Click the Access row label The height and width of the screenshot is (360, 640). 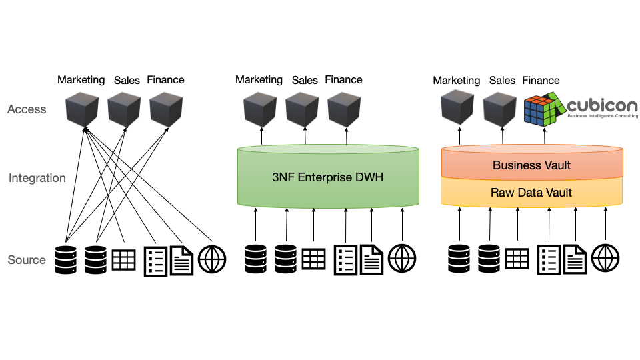[27, 109]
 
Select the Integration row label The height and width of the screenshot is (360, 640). [37, 178]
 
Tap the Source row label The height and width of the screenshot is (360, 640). [27, 260]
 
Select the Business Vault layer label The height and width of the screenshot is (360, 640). [531, 165]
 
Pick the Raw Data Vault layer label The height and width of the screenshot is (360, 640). [531, 193]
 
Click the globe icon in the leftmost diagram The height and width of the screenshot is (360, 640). [212, 259]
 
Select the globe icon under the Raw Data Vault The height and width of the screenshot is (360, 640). [605, 259]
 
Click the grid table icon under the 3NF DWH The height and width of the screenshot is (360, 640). [314, 259]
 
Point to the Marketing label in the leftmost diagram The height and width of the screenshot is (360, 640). [81, 80]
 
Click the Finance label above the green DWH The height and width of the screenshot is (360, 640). [343, 80]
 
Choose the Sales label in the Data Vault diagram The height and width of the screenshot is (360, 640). [502, 81]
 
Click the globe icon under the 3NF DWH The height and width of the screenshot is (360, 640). [402, 259]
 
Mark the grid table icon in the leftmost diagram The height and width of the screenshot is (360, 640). [123, 259]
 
